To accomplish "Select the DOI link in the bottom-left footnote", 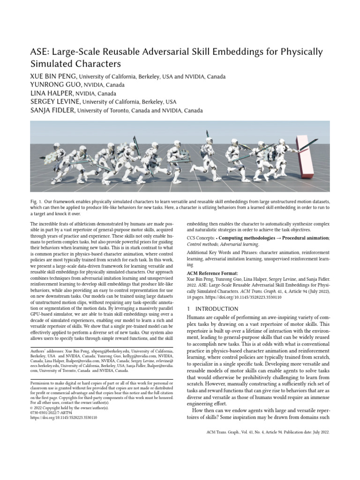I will coord(63,417).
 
